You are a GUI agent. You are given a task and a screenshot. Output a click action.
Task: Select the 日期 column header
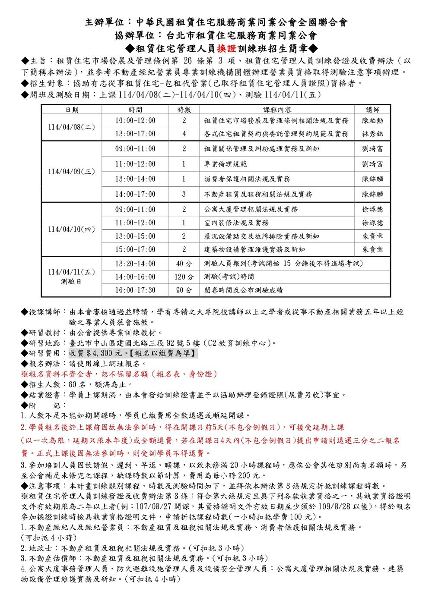(72, 110)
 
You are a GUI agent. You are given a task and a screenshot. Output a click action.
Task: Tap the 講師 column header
(372, 110)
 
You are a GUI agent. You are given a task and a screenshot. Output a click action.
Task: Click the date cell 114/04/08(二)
(72, 127)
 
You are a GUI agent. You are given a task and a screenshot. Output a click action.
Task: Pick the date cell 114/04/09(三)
(72, 171)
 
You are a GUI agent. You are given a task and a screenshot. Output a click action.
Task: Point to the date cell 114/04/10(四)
(72, 229)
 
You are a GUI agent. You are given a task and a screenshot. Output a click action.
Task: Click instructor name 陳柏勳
(372, 121)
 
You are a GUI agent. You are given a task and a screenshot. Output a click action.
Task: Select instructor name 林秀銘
(372, 134)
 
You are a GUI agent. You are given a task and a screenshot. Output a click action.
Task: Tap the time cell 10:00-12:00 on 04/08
(135, 121)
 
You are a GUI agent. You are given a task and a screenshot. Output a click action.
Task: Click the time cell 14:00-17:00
(135, 194)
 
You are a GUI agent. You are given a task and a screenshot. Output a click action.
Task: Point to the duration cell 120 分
(184, 277)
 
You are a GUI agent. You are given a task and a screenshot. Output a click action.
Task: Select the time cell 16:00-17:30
(135, 290)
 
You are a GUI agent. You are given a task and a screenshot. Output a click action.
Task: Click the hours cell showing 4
(184, 134)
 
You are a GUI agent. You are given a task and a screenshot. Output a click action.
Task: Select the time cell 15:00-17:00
(135, 249)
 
